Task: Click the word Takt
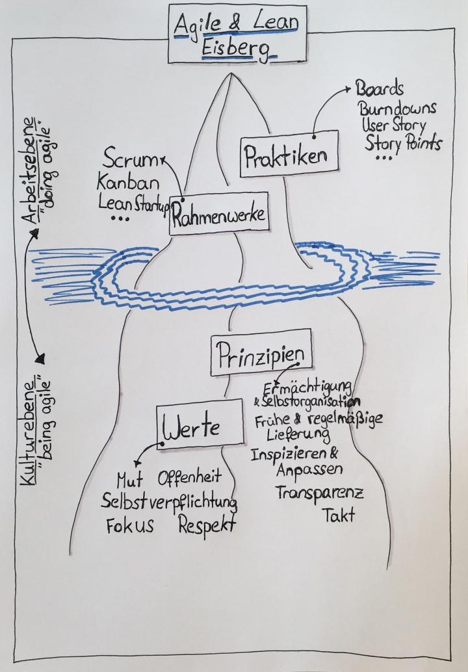[339, 516]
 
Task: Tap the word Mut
[129, 482]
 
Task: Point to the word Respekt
[207, 524]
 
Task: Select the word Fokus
[130, 525]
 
